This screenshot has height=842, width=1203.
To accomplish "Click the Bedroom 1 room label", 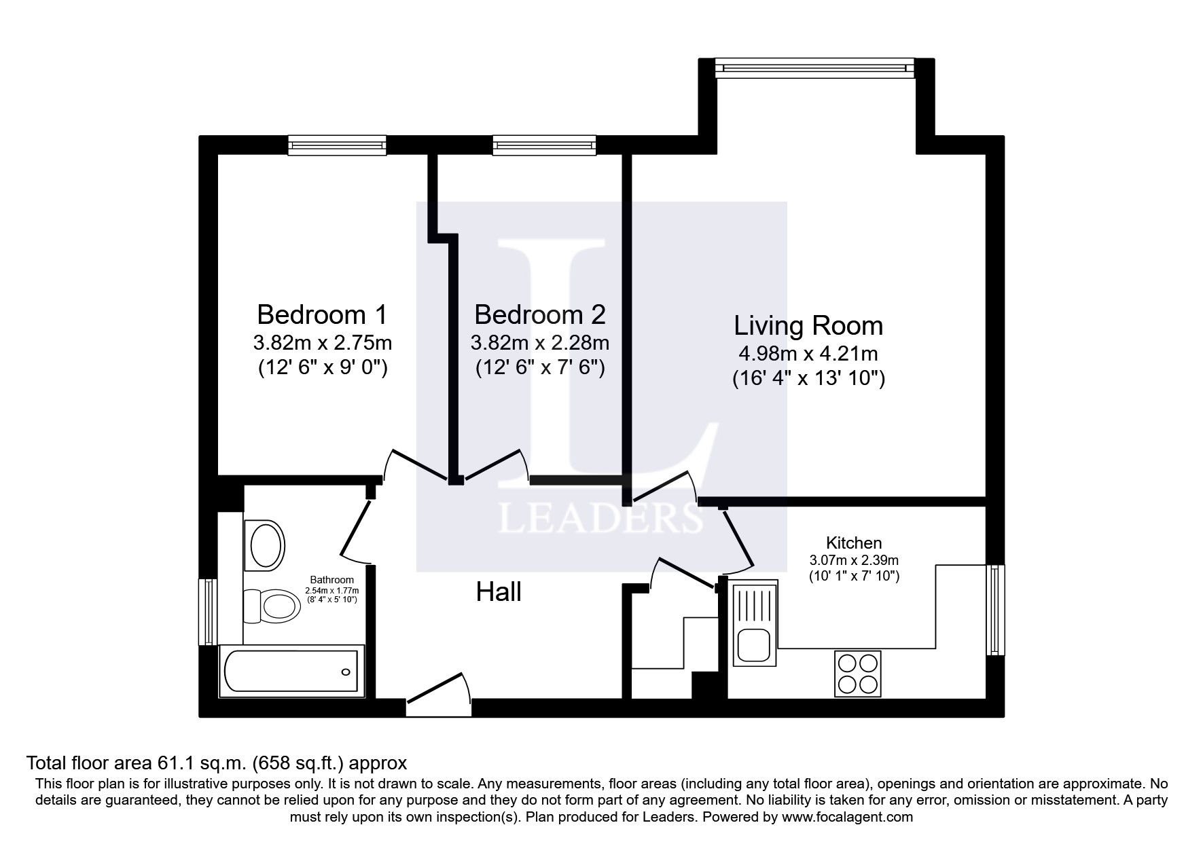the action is click(322, 315).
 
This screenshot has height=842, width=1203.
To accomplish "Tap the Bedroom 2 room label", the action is click(540, 315).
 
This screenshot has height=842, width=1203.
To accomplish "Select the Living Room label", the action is click(808, 326).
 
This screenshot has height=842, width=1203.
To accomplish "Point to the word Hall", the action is click(499, 592).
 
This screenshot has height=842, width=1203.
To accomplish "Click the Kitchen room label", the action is click(854, 543).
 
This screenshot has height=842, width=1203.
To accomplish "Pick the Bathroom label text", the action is click(332, 580).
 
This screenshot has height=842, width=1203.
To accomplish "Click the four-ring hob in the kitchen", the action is click(857, 673).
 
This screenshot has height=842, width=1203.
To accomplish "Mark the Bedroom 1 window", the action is click(337, 145).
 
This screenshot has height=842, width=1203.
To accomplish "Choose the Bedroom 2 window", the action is click(544, 145).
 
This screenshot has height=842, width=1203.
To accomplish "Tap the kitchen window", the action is click(994, 610).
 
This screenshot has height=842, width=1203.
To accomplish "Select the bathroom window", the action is click(208, 611).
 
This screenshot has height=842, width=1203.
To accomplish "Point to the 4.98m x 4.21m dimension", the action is click(808, 354).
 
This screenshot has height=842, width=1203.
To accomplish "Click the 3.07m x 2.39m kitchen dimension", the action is click(854, 561).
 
